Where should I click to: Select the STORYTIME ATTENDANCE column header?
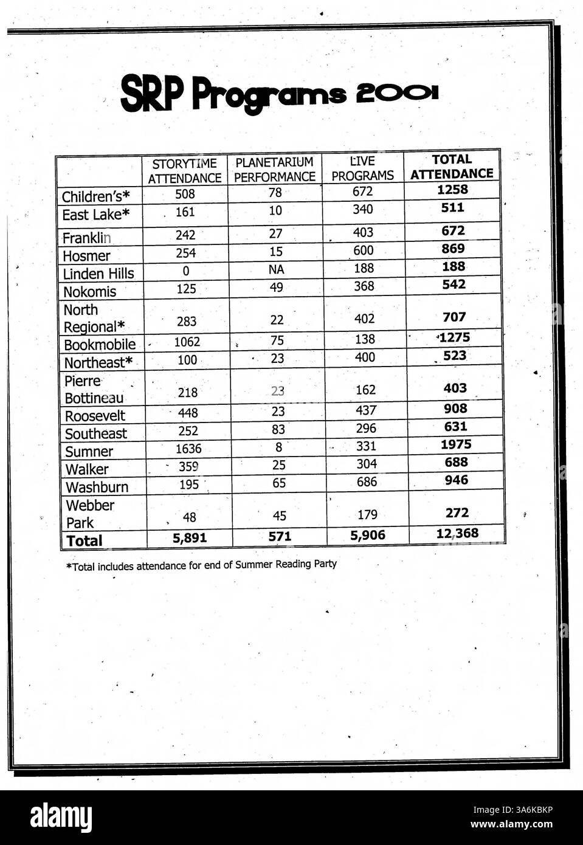[x=185, y=171]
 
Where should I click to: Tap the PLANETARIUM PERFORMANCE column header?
[x=275, y=170]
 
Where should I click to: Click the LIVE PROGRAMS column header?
[x=363, y=168]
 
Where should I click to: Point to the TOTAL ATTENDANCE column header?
[x=452, y=167]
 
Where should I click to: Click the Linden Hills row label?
[x=98, y=274]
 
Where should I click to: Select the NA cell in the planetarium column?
[x=277, y=269]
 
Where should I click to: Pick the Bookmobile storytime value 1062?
[x=187, y=342]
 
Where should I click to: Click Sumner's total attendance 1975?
[x=456, y=444]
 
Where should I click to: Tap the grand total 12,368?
[x=457, y=534]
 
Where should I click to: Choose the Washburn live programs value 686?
[x=367, y=482]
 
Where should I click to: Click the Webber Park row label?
[x=89, y=514]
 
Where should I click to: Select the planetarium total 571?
[x=280, y=537]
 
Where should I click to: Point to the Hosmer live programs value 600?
[x=364, y=250]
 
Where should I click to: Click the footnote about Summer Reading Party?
[x=201, y=565]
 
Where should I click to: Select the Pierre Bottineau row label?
[x=94, y=390]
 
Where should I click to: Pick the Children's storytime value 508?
[x=185, y=194]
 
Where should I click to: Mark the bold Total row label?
[x=85, y=540]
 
